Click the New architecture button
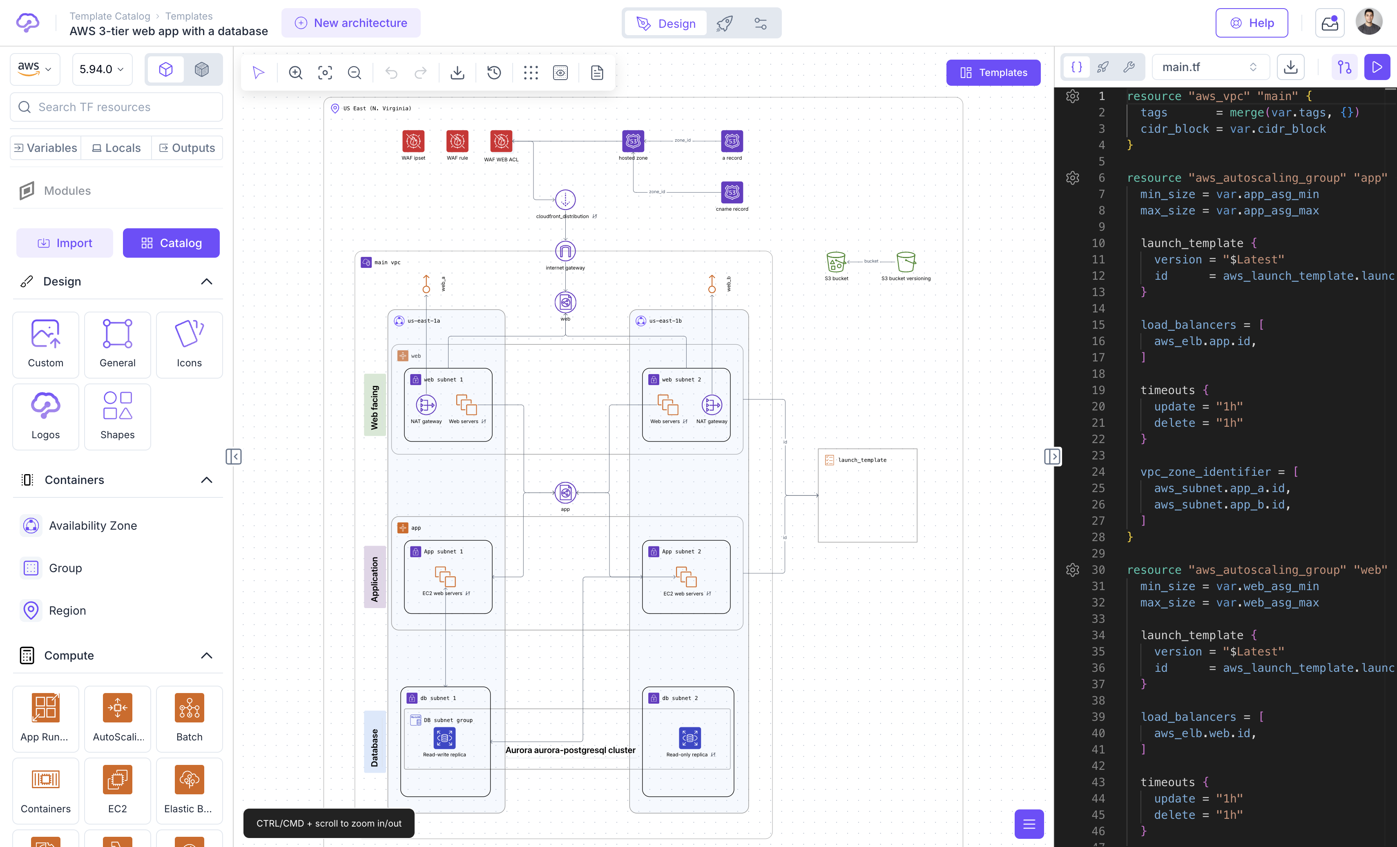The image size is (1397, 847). (351, 23)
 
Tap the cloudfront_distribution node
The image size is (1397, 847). (565, 200)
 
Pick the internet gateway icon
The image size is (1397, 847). (565, 251)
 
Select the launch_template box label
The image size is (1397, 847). (862, 460)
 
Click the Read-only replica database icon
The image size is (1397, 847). (690, 738)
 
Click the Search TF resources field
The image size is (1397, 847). (116, 107)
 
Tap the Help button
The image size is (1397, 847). (1251, 23)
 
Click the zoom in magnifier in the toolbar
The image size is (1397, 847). (295, 73)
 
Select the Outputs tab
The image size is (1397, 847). (187, 148)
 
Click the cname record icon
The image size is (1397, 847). (732, 193)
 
